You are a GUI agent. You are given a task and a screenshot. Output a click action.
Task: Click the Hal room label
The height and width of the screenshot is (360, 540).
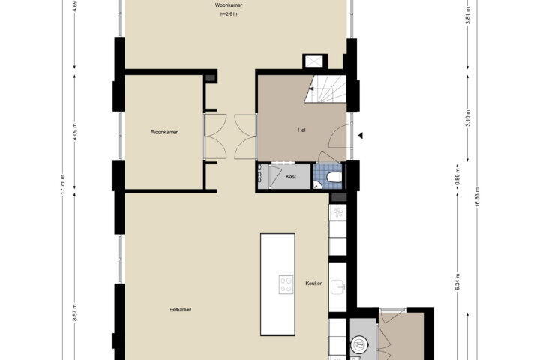(x=301, y=130)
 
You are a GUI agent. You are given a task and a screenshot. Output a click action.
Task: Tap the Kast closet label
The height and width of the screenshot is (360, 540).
(x=291, y=177)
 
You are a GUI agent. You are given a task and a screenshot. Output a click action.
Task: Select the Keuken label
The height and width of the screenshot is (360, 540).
(x=314, y=283)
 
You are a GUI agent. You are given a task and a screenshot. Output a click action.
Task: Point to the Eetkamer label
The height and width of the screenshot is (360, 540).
(x=180, y=309)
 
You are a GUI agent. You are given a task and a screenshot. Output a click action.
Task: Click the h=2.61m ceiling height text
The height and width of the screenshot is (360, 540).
(x=229, y=14)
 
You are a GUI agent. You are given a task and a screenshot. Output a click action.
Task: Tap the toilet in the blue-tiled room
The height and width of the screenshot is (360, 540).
(x=334, y=178)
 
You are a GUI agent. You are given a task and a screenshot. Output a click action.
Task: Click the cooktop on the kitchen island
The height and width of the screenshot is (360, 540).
(x=286, y=284)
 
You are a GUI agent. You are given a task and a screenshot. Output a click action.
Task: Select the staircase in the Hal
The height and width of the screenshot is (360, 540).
(x=325, y=89)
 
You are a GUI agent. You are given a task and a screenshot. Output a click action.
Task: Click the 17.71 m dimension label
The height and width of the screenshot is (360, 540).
(x=63, y=184)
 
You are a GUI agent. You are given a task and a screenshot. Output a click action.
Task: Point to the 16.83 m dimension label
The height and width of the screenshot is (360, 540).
(x=477, y=197)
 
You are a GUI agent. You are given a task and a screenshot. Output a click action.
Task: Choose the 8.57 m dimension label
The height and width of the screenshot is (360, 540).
(x=75, y=313)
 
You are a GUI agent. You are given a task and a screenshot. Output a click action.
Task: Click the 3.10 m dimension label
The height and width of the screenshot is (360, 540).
(x=468, y=118)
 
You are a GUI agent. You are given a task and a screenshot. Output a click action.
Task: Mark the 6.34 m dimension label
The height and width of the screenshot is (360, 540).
(x=457, y=282)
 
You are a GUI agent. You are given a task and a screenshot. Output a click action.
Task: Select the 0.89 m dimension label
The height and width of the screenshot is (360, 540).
(x=457, y=177)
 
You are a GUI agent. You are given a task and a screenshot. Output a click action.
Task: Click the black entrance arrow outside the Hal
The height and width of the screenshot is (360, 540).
(x=360, y=136)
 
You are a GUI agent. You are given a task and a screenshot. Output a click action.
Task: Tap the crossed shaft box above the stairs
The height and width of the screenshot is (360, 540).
(x=313, y=61)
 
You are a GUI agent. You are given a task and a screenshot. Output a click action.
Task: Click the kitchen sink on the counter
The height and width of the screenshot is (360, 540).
(x=337, y=287)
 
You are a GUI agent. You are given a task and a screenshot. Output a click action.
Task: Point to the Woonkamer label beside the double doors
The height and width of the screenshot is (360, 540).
(x=164, y=132)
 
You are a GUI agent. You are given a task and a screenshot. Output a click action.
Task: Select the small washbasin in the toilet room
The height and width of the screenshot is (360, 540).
(x=317, y=185)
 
